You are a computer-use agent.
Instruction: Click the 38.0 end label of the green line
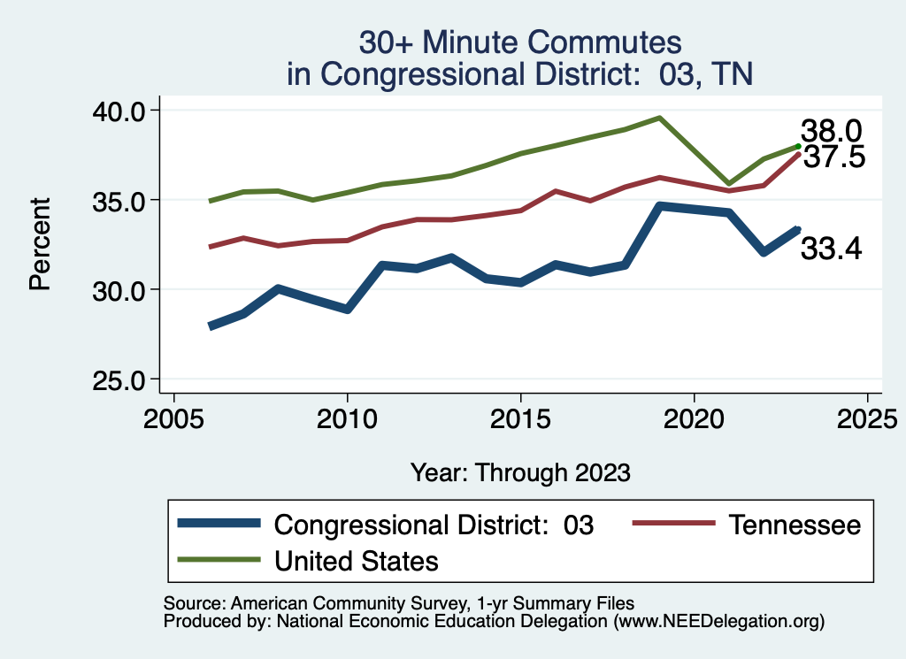pos(831,132)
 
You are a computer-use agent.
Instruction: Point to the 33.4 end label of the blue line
pos(831,249)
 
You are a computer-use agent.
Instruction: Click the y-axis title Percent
pos(39,244)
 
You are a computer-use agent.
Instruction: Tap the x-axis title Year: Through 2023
pos(520,472)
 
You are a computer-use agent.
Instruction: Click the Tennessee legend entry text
pos(795,525)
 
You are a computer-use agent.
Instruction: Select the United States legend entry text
pos(357,560)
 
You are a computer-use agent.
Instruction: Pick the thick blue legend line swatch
pos(219,524)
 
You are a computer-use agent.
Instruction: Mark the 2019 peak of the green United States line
pos(659,118)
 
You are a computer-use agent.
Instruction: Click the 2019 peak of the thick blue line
pos(659,206)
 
